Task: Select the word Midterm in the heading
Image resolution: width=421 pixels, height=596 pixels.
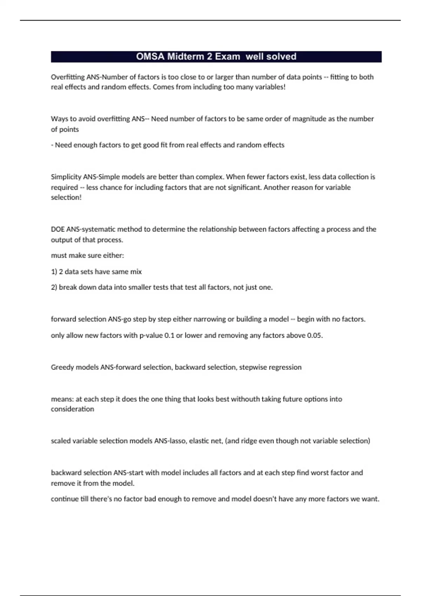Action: point(189,56)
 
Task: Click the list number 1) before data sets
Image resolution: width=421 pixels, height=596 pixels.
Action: point(54,272)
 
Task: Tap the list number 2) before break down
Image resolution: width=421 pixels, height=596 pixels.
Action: point(54,287)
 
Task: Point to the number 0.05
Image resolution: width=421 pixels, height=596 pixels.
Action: point(314,336)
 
